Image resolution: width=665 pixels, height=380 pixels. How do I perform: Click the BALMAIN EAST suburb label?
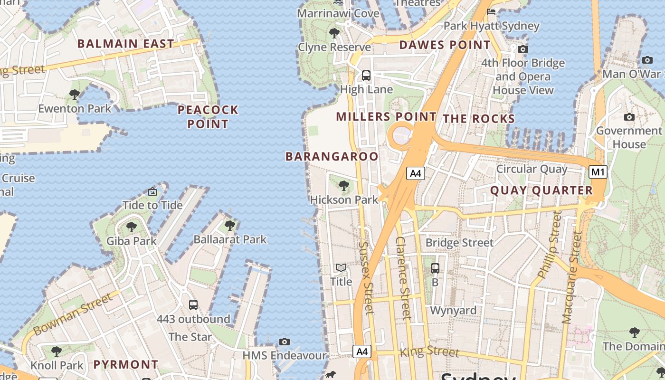(125, 44)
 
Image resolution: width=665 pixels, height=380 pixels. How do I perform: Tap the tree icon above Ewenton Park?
(74, 95)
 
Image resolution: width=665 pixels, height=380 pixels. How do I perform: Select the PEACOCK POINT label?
(208, 117)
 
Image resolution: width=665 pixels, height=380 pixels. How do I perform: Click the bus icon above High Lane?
(366, 75)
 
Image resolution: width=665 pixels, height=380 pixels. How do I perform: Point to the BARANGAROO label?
(332, 156)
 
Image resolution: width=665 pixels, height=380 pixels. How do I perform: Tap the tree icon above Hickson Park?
(343, 186)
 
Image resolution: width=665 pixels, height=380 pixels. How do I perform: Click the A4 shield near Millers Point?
(415, 173)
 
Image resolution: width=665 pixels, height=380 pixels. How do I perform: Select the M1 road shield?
(598, 172)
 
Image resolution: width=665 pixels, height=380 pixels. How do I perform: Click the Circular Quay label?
(532, 169)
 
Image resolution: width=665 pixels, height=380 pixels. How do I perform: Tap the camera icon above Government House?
(629, 117)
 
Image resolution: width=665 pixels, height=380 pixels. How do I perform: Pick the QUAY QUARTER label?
(541, 190)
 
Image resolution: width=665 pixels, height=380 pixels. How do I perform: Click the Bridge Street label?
(459, 243)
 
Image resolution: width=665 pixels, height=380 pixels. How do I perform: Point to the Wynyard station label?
(453, 311)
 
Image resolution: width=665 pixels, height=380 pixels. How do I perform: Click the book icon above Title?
(341, 268)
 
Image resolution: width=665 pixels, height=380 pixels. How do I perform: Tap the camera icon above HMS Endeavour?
(284, 342)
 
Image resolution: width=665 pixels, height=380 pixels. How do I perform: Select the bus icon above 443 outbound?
(193, 305)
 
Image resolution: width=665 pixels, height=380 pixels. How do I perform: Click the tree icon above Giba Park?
(131, 227)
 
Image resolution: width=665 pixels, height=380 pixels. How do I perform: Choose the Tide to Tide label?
(152, 205)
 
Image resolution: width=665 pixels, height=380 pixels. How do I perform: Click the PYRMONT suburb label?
(125, 365)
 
